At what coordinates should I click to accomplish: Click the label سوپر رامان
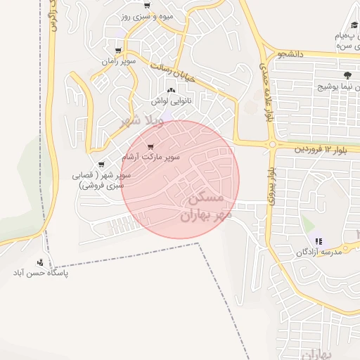pyautogui.click(x=117, y=62)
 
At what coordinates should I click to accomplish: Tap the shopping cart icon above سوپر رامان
pyautogui.click(x=118, y=51)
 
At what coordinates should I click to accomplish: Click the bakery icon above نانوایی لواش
pyautogui.click(x=172, y=89)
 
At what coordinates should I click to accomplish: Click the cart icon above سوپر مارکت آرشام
pyautogui.click(x=150, y=146)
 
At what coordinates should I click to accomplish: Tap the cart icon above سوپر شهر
pyautogui.click(x=101, y=165)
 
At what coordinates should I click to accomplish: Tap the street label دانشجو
pyautogui.click(x=290, y=53)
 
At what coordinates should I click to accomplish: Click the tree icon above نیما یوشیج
pyautogui.click(x=346, y=75)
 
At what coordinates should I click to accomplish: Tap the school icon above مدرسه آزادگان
pyautogui.click(x=317, y=240)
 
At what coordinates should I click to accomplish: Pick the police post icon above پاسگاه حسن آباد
pyautogui.click(x=40, y=262)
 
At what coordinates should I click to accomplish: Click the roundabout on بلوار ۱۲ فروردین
pyautogui.click(x=272, y=145)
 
